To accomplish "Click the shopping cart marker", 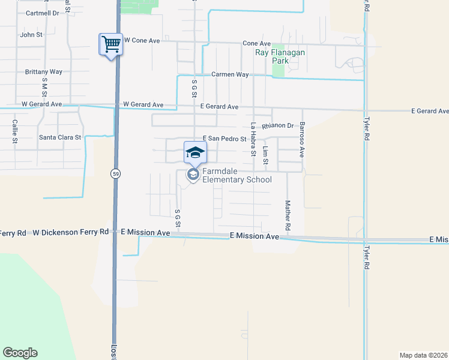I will tap(110, 44).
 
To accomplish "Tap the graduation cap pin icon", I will tap(194, 152).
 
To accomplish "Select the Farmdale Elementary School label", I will tap(237, 175).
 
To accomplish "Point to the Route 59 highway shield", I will tap(114, 173).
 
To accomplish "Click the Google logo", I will tap(20, 353).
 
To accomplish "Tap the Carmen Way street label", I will tap(229, 74).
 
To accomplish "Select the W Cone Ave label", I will tap(142, 40).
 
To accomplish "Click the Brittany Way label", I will tap(44, 71).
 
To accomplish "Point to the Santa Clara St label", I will tap(60, 137).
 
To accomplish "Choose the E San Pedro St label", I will tap(225, 139).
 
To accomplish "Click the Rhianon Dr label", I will tap(281, 126).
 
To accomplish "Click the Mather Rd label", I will tap(288, 217).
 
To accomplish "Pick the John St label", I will tap(31, 35).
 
